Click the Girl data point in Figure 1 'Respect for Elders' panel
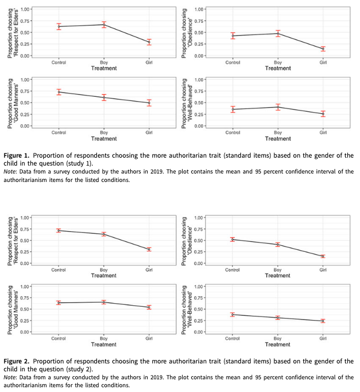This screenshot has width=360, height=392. [x=149, y=42]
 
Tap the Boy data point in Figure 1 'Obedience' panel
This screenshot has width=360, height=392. [x=278, y=33]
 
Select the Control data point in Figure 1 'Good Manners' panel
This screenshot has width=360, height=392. [x=59, y=92]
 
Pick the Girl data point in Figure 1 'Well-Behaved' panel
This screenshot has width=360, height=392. [x=323, y=114]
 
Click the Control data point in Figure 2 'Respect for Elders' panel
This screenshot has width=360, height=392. [x=59, y=230]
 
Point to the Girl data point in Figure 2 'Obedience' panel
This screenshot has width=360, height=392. [x=323, y=256]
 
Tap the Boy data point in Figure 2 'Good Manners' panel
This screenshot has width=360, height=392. [x=104, y=302]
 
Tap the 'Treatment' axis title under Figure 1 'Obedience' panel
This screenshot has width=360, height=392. [x=278, y=68]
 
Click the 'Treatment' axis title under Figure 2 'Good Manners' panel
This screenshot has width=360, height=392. [x=104, y=344]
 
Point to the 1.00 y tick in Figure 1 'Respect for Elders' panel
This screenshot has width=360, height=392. [x=25, y=9]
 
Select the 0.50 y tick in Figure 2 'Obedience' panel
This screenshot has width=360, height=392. [x=200, y=240]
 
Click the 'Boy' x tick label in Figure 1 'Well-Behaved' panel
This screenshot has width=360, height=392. [x=278, y=132]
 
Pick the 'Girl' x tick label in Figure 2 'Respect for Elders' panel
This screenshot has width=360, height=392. [x=149, y=269]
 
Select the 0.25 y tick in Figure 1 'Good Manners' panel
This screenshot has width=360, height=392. [x=25, y=114]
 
